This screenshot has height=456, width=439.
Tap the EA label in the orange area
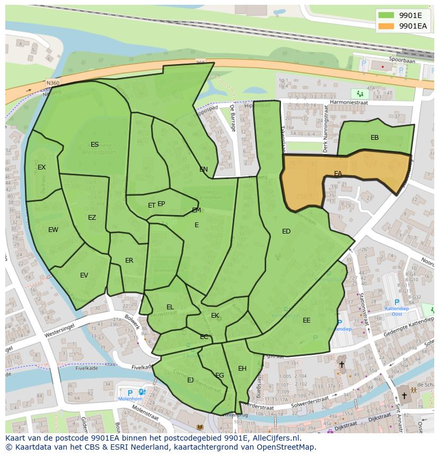(338, 174)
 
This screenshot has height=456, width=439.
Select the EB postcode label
(374, 138)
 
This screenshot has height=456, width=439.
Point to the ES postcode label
(94, 145)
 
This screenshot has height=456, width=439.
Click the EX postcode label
(41, 167)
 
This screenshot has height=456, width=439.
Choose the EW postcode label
(53, 230)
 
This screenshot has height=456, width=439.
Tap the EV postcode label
(84, 275)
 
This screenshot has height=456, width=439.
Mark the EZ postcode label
(92, 218)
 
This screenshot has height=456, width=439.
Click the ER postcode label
(129, 261)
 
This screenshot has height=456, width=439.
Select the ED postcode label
(286, 231)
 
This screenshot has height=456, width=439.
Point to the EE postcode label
(306, 320)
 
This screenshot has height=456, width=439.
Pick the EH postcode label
(242, 369)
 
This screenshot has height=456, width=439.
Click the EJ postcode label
(190, 380)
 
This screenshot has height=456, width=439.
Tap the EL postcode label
(170, 307)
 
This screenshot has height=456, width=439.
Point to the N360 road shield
(52, 83)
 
